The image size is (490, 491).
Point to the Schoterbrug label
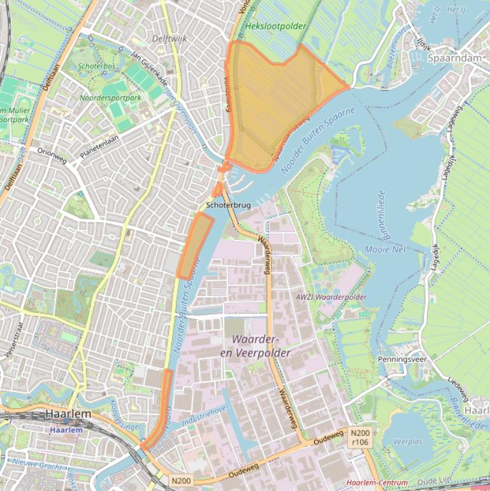pos(228,205)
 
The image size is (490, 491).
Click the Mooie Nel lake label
pos(387,249)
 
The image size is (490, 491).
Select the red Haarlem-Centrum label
pos(375,483)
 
